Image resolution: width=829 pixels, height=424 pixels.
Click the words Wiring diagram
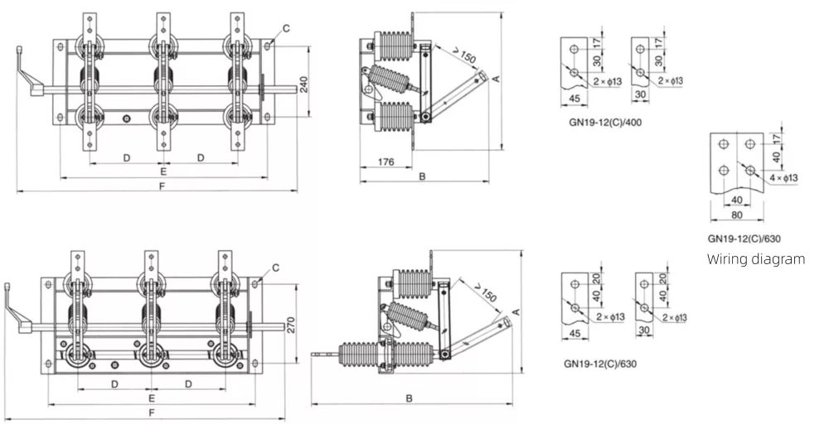point(755,259)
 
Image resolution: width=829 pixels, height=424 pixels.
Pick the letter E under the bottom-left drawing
point(150,398)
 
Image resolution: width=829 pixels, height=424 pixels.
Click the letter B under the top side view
point(422,176)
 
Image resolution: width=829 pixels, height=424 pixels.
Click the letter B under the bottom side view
point(410,398)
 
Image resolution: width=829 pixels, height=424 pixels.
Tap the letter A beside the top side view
point(496,78)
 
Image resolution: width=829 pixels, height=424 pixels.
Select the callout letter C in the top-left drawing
point(286,29)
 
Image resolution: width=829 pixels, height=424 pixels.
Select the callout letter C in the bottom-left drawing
point(274,267)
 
